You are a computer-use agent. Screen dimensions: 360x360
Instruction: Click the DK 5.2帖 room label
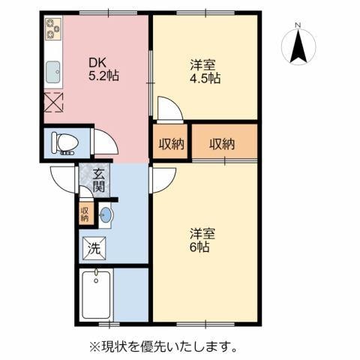(102, 70)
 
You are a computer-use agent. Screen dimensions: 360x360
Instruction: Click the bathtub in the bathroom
(96, 295)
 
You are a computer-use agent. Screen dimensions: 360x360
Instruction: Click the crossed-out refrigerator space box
(54, 101)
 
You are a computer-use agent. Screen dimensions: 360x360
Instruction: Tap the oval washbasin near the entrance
(105, 216)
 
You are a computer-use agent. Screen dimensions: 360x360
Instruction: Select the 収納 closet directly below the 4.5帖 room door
(172, 143)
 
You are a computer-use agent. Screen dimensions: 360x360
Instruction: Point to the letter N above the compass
(298, 26)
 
